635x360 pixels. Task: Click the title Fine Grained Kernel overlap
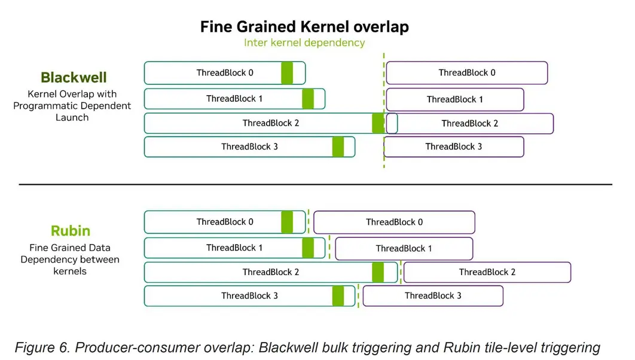click(x=304, y=27)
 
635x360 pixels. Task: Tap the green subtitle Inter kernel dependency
click(x=304, y=42)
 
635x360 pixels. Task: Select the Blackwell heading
click(x=74, y=77)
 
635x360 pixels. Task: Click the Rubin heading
click(x=71, y=231)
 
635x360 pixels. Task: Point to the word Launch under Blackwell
click(x=72, y=117)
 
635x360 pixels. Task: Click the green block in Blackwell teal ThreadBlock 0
click(x=287, y=73)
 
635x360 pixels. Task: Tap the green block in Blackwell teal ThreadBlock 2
click(x=378, y=123)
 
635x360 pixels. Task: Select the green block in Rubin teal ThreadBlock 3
click(x=338, y=295)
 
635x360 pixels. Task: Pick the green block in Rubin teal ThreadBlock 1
click(x=308, y=248)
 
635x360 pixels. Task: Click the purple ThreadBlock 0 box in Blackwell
click(x=467, y=73)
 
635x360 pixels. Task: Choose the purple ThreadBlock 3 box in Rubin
click(x=433, y=295)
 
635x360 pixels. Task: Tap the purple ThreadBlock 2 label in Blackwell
click(x=470, y=124)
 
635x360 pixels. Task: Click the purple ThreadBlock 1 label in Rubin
click(x=404, y=248)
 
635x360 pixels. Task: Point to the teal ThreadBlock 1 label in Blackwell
click(x=234, y=99)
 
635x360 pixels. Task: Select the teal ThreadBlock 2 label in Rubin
click(x=271, y=272)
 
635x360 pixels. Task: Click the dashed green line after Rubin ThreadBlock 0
click(x=309, y=222)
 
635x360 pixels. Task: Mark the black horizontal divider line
click(x=316, y=184)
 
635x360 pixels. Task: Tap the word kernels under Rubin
click(x=70, y=271)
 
